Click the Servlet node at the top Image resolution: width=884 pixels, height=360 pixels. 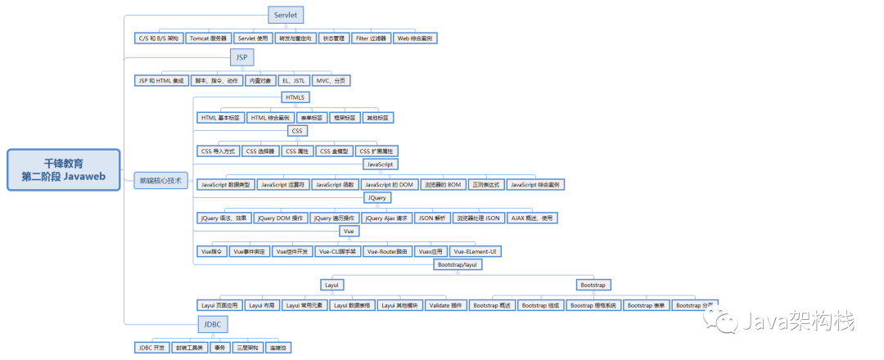(286, 15)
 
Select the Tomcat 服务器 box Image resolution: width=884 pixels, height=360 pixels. (208, 38)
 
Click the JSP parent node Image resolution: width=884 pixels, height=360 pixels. (241, 57)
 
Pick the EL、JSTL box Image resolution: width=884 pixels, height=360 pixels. (292, 80)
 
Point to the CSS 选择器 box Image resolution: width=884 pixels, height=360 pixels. (259, 151)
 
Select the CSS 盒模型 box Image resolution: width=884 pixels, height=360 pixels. (334, 151)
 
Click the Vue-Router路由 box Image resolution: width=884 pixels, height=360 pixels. (386, 252)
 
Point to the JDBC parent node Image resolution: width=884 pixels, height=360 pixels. (213, 326)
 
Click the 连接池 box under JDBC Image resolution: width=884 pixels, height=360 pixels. (278, 348)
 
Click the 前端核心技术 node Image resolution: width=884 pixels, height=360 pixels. (161, 180)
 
